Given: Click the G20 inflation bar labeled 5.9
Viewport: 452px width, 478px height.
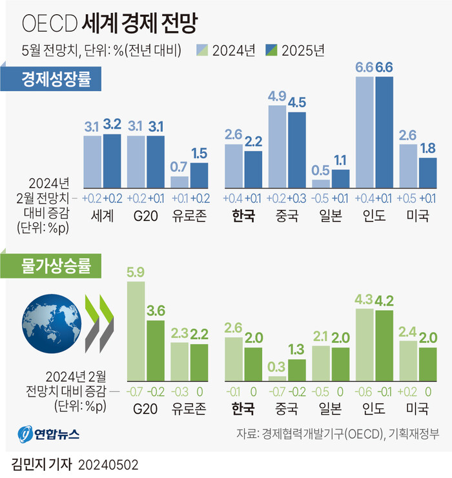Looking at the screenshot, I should pyautogui.click(x=136, y=329).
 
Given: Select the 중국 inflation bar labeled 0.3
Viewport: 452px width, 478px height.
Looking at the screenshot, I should pyautogui.click(x=277, y=379).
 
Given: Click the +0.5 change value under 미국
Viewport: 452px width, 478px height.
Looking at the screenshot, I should pyautogui.click(x=409, y=198).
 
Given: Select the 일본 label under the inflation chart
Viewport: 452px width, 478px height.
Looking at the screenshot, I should pyautogui.click(x=330, y=408).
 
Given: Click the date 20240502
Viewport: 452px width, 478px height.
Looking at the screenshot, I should pyautogui.click(x=108, y=465).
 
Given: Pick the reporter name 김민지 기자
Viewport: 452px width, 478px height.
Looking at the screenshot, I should pyautogui.click(x=41, y=465).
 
